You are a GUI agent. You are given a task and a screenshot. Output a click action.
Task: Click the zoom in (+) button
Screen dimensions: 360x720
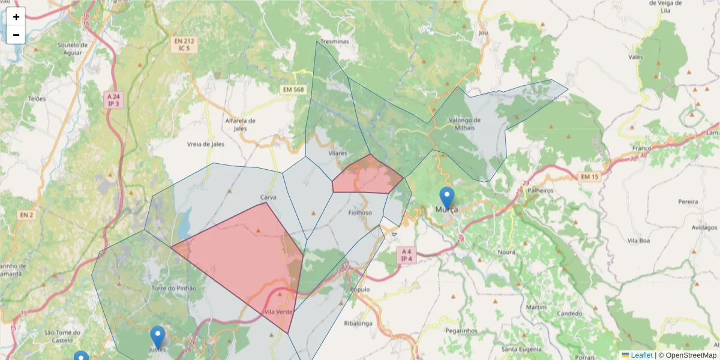(x=16, y=17)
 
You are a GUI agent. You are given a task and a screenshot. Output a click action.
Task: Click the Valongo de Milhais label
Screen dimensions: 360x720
(x=461, y=124)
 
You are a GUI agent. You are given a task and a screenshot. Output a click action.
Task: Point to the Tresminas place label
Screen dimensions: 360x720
(x=335, y=41)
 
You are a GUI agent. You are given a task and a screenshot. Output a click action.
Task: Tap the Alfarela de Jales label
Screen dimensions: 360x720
(x=240, y=124)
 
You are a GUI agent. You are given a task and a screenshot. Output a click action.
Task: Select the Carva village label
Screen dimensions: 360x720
(x=268, y=197)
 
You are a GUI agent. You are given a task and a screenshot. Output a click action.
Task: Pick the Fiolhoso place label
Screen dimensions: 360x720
(x=360, y=212)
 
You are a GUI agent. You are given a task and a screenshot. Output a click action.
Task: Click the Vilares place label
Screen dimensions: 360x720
(x=338, y=154)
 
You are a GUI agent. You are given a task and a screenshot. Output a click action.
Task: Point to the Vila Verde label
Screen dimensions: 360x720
(x=278, y=312)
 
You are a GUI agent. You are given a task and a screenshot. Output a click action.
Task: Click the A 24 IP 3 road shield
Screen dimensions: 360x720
(x=113, y=100)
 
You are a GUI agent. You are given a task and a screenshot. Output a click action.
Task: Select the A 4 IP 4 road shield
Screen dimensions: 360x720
(x=407, y=255)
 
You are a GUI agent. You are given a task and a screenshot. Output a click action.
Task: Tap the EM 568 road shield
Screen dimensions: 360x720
(x=293, y=89)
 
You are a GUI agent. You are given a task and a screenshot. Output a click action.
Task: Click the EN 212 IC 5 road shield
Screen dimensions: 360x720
(x=184, y=44)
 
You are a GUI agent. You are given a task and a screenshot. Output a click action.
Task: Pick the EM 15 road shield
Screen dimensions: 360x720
(x=590, y=176)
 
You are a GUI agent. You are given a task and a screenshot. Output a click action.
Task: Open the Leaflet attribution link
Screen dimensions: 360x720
(x=641, y=355)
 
